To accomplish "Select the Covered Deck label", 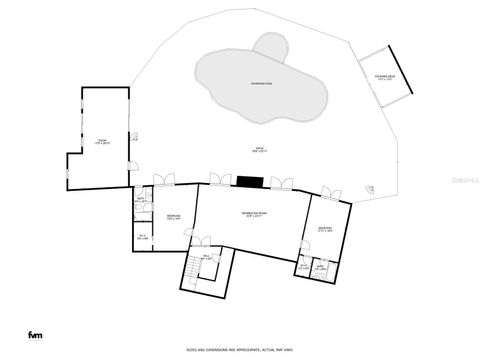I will [x=386, y=77].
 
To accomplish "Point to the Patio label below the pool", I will [x=259, y=150].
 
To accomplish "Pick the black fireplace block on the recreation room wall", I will [x=249, y=181].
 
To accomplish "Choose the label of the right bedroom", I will [x=326, y=229].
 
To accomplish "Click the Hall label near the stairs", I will [x=207, y=259].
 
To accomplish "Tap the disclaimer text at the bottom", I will [x=240, y=349].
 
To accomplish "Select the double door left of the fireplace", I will [x=219, y=180].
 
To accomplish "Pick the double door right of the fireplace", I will [x=282, y=180].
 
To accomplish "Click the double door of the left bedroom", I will [x=164, y=180].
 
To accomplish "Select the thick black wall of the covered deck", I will [x=399, y=70].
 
